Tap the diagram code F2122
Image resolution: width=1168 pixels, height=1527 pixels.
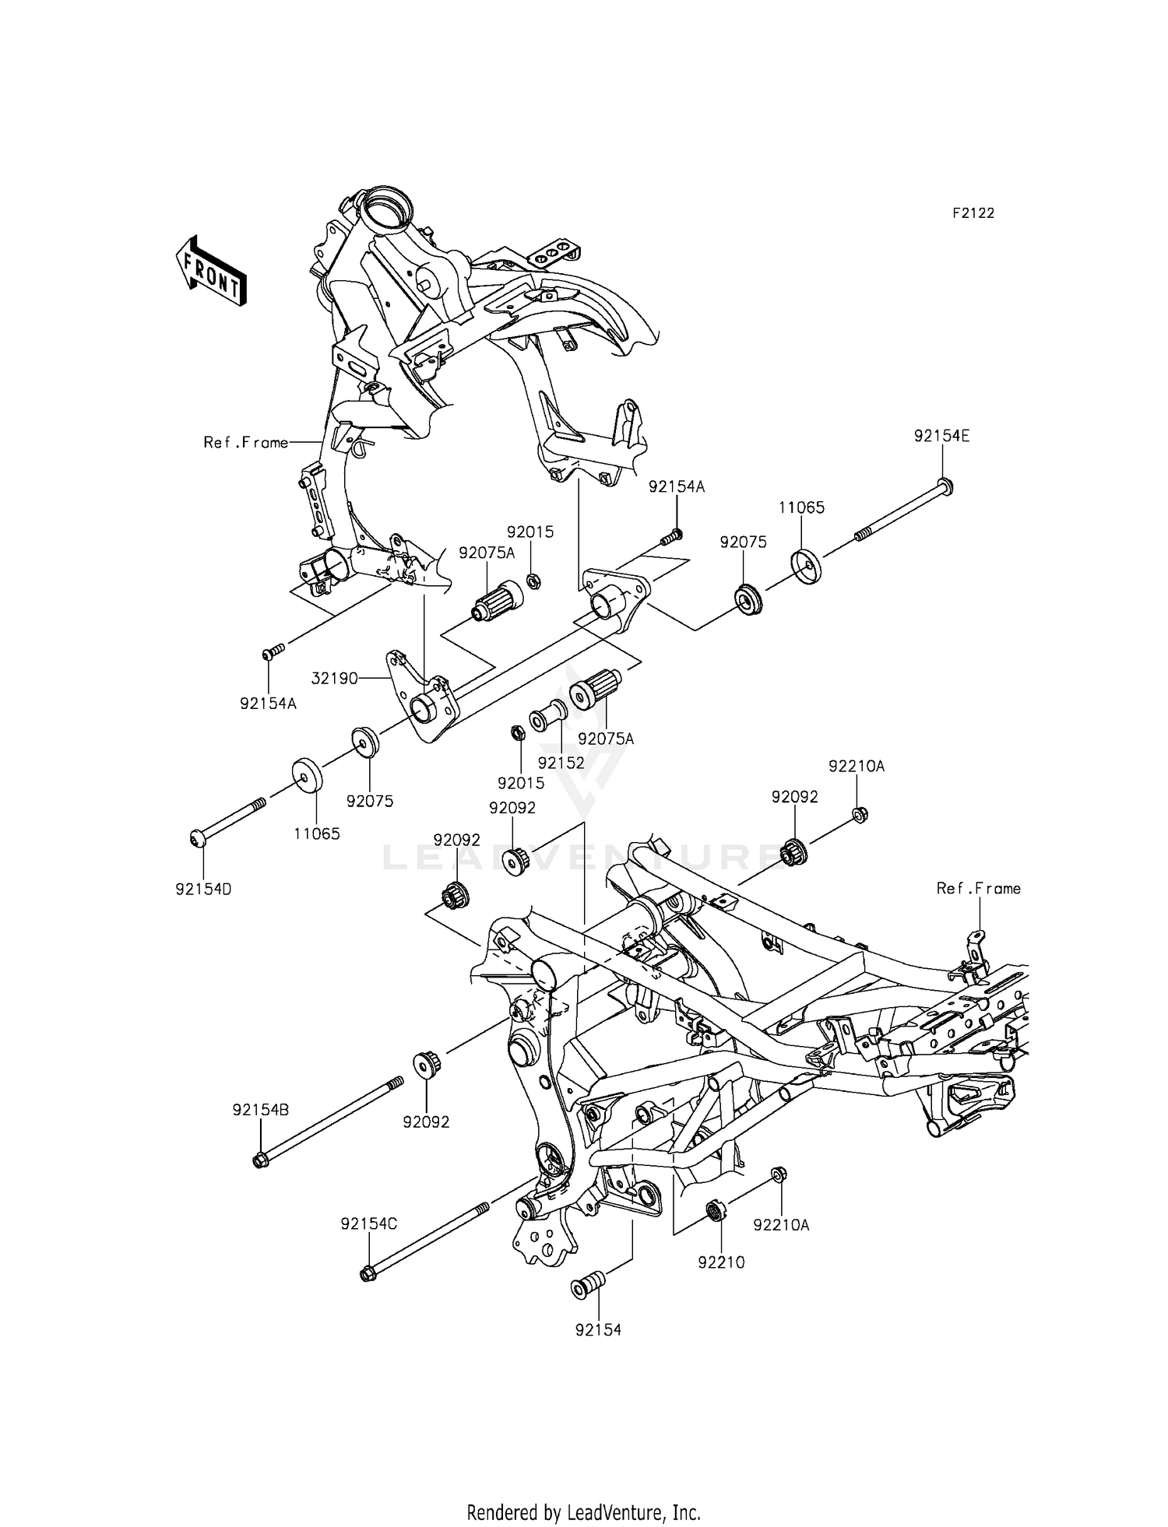point(973,213)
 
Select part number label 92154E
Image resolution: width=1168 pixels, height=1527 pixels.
point(941,437)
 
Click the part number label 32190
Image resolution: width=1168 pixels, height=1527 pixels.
point(334,679)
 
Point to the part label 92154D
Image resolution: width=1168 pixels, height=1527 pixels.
point(203,888)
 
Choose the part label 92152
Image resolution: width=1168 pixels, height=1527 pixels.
point(561,763)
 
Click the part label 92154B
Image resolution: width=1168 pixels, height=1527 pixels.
point(260,1111)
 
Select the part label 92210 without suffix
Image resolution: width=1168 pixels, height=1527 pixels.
point(721,1262)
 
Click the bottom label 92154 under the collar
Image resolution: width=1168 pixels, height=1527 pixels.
point(598,1330)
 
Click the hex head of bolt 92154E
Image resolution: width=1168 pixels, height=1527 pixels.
point(945,486)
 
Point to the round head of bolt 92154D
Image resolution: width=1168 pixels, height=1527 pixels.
point(197,837)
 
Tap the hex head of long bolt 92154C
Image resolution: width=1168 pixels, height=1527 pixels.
point(368,1274)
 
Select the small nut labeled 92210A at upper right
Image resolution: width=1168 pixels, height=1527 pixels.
point(860,815)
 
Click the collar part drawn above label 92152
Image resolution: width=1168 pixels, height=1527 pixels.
point(547,717)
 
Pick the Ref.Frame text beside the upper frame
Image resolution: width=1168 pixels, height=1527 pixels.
point(246,443)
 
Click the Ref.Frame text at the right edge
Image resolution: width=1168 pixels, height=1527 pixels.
point(978,888)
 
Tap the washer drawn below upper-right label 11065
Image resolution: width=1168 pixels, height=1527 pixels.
point(805,567)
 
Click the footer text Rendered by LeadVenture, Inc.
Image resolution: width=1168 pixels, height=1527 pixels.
point(583,1513)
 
